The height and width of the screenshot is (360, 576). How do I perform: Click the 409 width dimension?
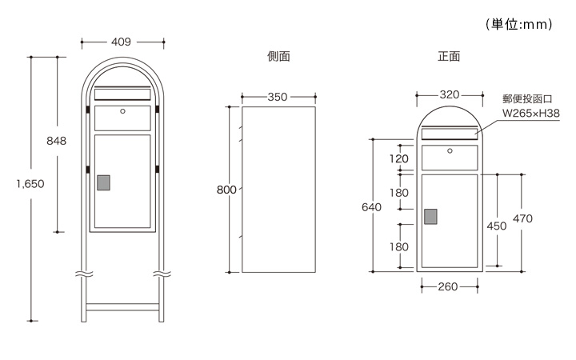(x=122, y=42)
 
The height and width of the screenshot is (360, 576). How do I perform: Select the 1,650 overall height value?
(x=30, y=183)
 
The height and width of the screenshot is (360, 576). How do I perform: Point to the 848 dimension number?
(x=57, y=141)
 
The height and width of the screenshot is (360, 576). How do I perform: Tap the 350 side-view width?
(x=277, y=97)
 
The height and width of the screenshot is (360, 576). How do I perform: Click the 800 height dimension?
(x=226, y=190)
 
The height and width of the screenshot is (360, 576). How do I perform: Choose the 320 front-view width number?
(x=449, y=94)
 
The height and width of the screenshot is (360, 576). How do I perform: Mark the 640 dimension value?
(x=371, y=206)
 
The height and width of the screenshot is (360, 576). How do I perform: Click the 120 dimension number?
(x=398, y=158)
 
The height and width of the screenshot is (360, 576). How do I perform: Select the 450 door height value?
(x=497, y=226)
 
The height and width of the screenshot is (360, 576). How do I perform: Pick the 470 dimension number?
(x=522, y=218)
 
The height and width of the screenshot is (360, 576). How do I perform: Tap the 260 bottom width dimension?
(x=447, y=286)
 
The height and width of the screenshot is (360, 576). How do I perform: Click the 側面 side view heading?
(x=278, y=57)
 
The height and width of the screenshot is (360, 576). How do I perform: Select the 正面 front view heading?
(x=448, y=57)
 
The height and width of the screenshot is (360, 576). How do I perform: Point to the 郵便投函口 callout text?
(x=528, y=99)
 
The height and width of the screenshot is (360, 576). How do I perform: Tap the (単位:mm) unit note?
(x=519, y=25)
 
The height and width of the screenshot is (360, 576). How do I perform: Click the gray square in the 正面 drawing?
(x=430, y=216)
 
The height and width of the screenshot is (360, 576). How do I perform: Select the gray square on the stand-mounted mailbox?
(x=103, y=182)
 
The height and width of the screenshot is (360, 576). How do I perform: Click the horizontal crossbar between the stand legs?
(x=122, y=306)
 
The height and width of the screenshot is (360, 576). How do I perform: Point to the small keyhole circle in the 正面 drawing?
(x=450, y=150)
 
